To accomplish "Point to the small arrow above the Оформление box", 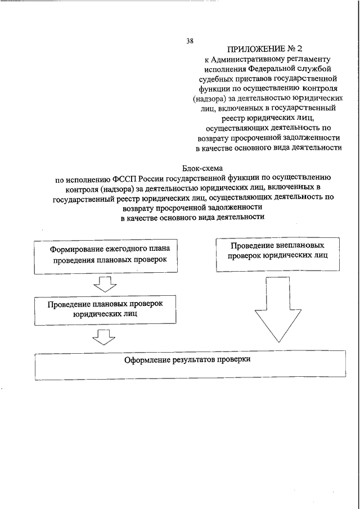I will coord(103,337).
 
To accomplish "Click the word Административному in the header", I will coord(253,58).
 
